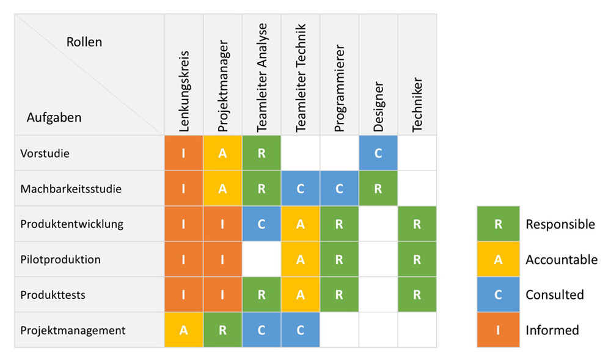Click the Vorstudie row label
(45, 153)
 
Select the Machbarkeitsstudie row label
(70, 189)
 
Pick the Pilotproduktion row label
(60, 259)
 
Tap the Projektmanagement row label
(73, 330)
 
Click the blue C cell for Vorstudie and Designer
(378, 153)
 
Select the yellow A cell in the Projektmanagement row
(184, 330)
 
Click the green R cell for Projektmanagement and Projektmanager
(223, 330)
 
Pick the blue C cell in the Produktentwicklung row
(262, 224)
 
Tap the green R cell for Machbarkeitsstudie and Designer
(378, 189)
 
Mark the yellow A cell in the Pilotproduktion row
(301, 259)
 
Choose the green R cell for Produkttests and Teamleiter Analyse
(262, 295)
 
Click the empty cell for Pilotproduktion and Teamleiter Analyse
(262, 259)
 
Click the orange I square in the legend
(498, 330)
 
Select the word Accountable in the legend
(562, 260)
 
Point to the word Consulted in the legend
(555, 295)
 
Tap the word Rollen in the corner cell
(84, 42)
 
